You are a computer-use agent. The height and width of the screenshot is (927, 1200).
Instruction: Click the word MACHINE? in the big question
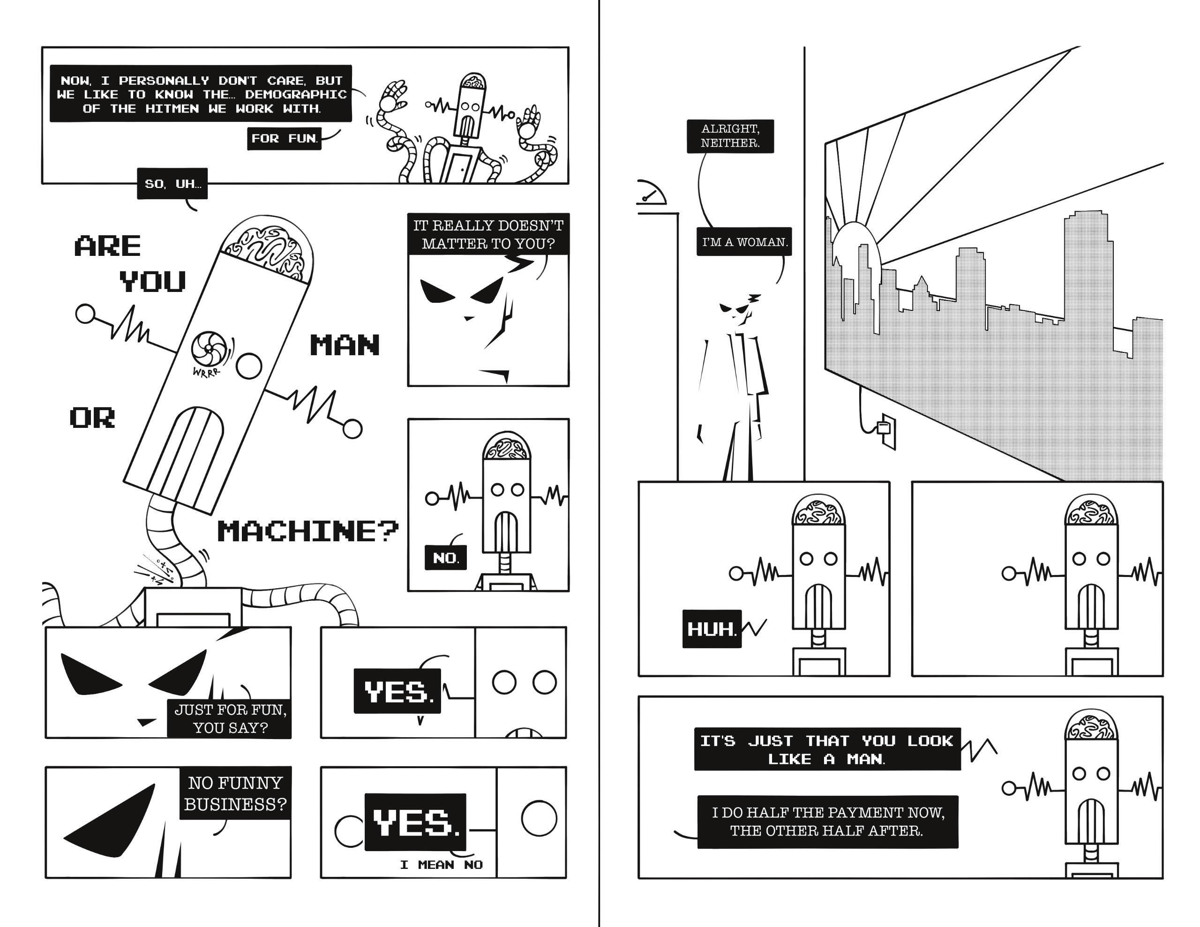coord(307,531)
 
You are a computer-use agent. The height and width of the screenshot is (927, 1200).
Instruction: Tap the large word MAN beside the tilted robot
coord(345,345)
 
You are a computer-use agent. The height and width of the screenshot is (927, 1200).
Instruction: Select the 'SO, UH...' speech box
coord(172,184)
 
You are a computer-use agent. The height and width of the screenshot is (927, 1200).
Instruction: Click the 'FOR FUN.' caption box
coord(284,138)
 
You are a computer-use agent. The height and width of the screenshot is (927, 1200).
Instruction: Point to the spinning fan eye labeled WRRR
coord(208,348)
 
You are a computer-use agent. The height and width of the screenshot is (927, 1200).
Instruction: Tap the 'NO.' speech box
coord(446,558)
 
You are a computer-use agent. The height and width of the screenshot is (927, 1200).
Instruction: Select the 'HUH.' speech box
coord(712,628)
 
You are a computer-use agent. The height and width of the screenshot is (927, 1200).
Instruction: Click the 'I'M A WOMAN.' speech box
coord(744,242)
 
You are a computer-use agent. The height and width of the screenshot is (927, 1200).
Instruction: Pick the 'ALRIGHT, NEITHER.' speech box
coord(730,136)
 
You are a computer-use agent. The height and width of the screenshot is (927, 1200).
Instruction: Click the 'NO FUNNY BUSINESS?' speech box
coord(235,793)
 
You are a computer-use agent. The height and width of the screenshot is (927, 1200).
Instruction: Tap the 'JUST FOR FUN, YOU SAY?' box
coord(230,719)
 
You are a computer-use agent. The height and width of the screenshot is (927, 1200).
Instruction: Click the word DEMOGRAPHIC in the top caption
coord(296,95)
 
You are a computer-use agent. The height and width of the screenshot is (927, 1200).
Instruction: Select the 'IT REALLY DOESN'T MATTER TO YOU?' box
coord(488,234)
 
